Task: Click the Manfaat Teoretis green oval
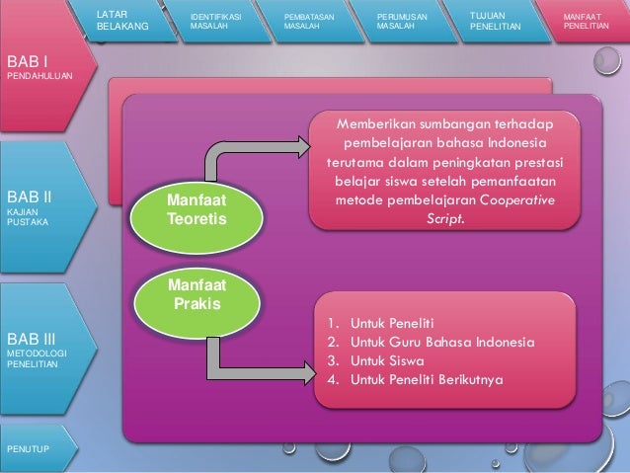[x=197, y=209]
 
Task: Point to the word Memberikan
[x=376, y=125]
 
